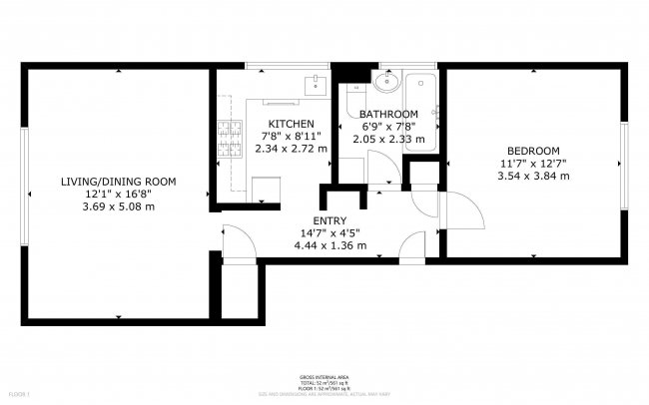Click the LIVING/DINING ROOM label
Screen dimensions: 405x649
[x=119, y=182]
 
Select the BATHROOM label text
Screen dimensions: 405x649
[x=388, y=115]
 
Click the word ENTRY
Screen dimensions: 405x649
[x=329, y=221]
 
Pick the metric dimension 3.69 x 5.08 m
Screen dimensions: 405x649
[x=119, y=206]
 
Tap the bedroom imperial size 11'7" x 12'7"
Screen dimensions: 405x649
[x=533, y=164]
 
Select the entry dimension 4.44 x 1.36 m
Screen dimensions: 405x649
[x=330, y=246]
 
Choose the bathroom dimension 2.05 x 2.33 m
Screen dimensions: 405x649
[x=390, y=140]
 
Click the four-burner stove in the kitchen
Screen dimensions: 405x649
[x=229, y=140]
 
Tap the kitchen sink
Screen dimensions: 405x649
[x=316, y=83]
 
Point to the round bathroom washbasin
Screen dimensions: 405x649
[x=387, y=82]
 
